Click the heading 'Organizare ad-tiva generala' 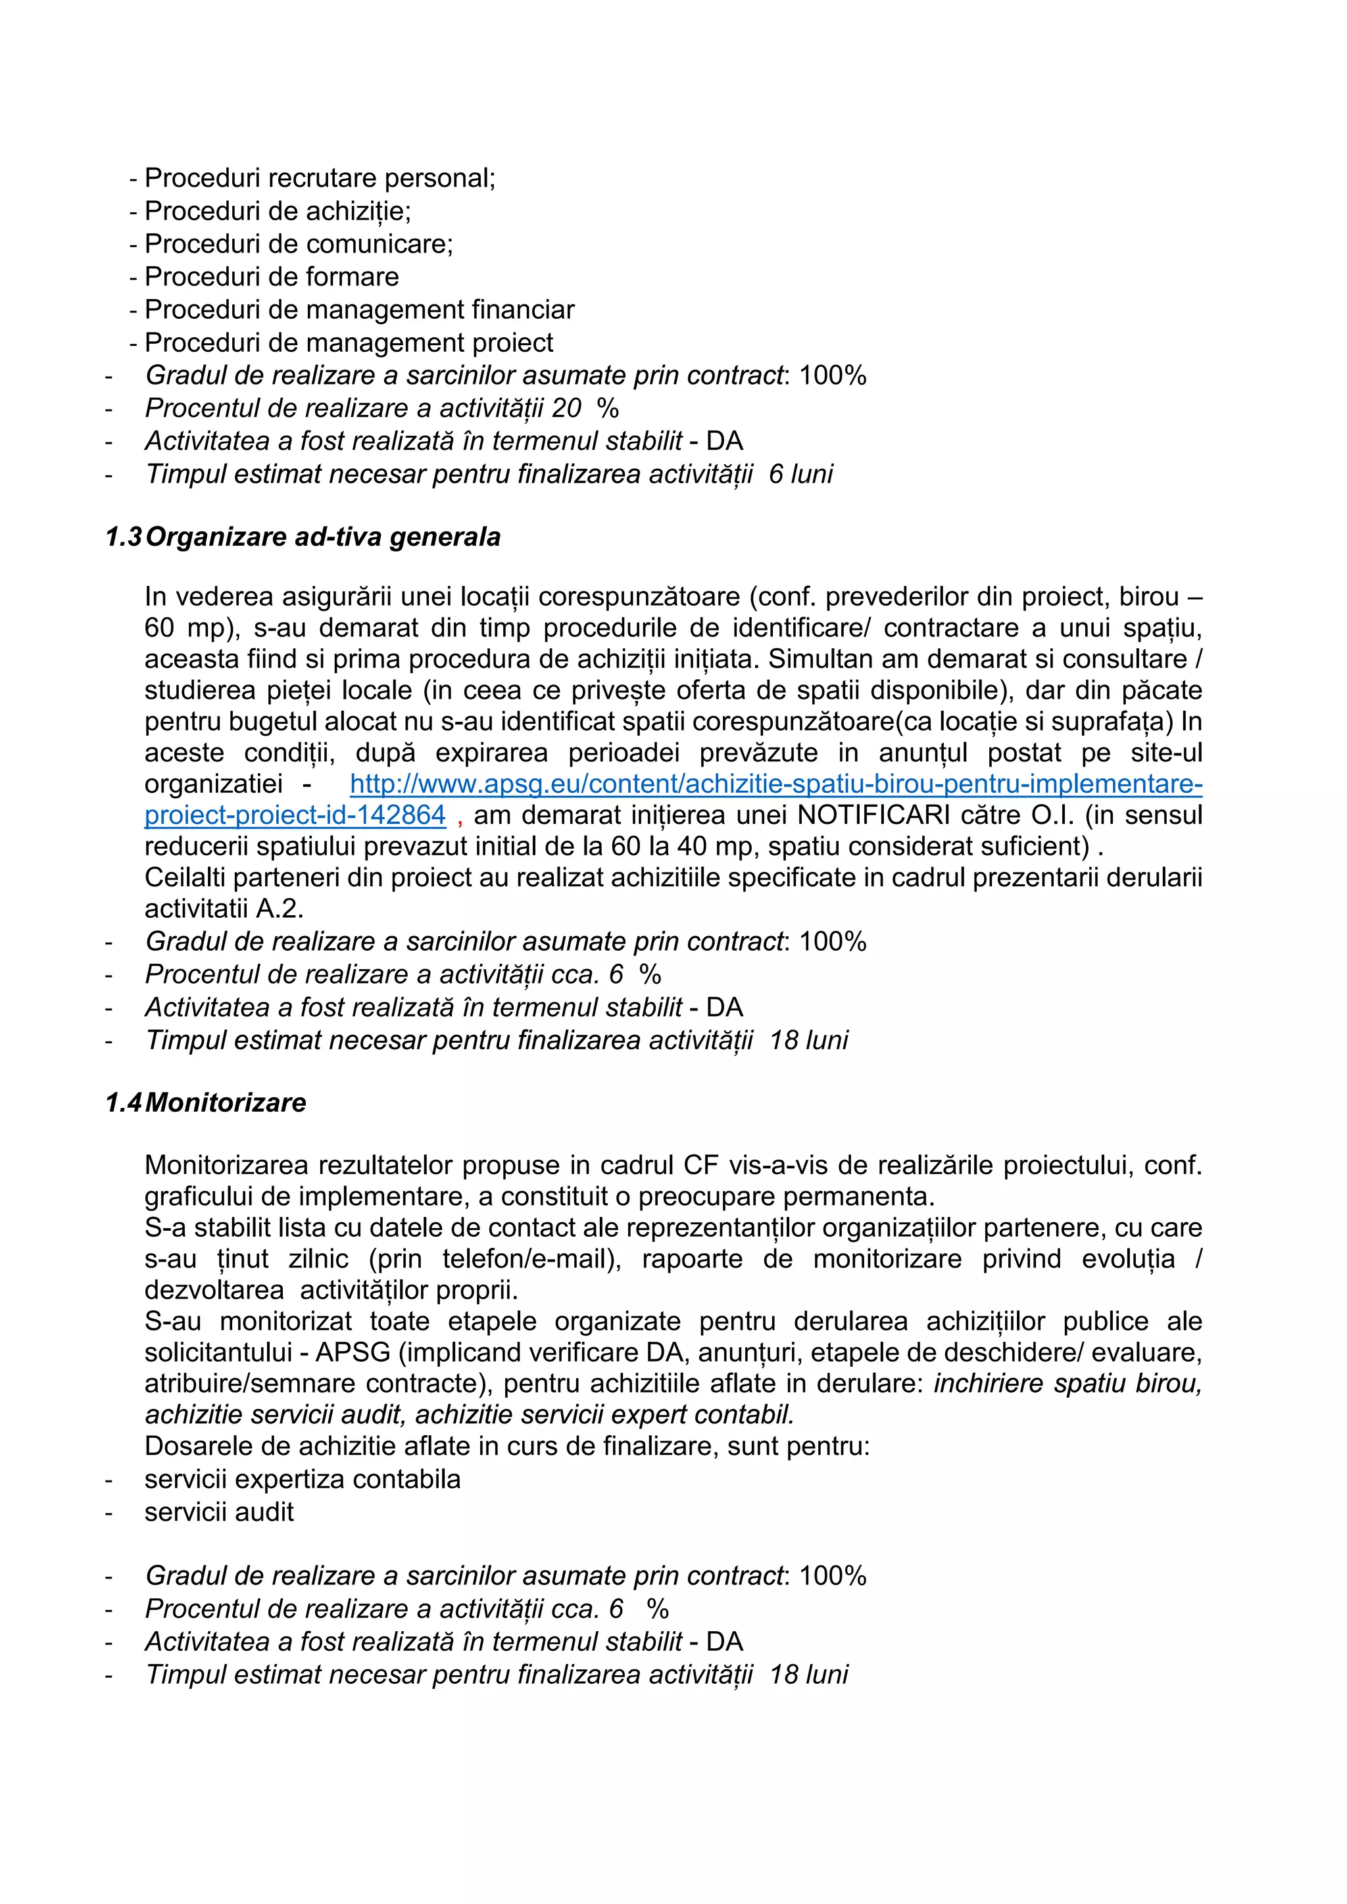tap(323, 537)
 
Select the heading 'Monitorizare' tap(226, 1103)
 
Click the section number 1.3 tap(124, 537)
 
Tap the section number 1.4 tap(124, 1103)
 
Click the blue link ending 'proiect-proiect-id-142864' tap(295, 815)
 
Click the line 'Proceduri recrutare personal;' tap(320, 178)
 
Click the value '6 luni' tap(801, 474)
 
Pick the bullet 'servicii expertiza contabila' tap(302, 1479)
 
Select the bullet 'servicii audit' tap(219, 1511)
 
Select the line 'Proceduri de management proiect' tap(349, 343)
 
